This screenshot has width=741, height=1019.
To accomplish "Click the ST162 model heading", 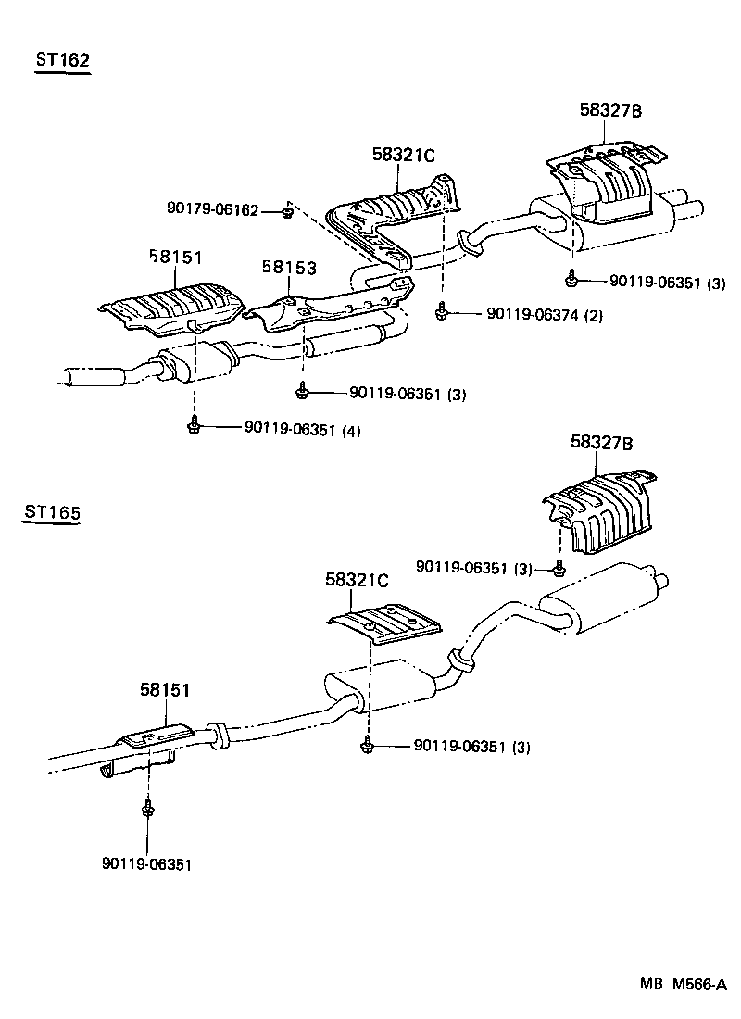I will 62,61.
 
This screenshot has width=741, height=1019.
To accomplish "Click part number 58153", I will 288,268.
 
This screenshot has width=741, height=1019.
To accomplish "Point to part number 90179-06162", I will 212,210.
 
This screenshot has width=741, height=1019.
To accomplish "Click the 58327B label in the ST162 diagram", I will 610,110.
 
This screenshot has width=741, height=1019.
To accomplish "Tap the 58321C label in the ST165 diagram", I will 357,580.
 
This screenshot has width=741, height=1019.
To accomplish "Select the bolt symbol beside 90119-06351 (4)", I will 194,425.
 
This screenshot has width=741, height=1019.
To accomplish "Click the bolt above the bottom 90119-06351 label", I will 146,811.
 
